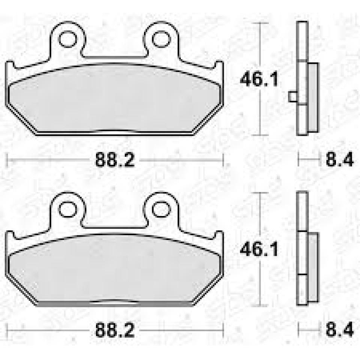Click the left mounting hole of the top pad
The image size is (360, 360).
(x=67, y=39)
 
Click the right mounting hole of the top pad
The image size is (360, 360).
(x=161, y=39)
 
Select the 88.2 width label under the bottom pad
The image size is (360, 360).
(x=114, y=331)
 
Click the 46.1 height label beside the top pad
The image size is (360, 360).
(x=259, y=80)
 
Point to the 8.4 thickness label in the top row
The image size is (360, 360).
(x=339, y=160)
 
